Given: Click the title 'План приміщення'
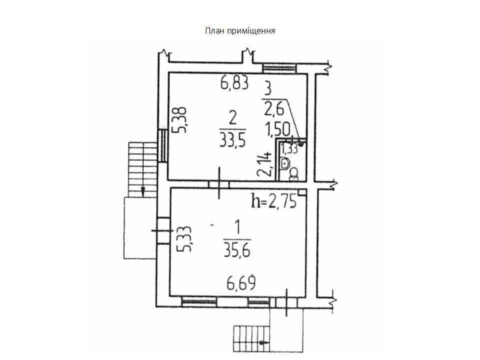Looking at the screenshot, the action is tap(240, 31).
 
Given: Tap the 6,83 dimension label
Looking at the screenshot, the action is tap(234, 83).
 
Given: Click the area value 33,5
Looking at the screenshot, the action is tap(233, 140).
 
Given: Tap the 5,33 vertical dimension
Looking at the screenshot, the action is tap(185, 239).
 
